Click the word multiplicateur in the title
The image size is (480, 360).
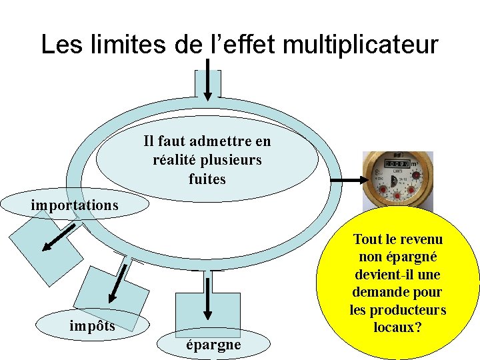point(360,45)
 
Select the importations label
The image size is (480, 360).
point(74,205)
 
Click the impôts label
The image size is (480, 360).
point(92,325)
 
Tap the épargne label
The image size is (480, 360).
point(213,344)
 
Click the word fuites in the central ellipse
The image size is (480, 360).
point(207,179)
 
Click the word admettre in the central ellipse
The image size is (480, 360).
point(222,141)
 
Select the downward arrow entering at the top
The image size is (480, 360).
point(207,79)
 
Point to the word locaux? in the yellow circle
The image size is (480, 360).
point(397,328)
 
